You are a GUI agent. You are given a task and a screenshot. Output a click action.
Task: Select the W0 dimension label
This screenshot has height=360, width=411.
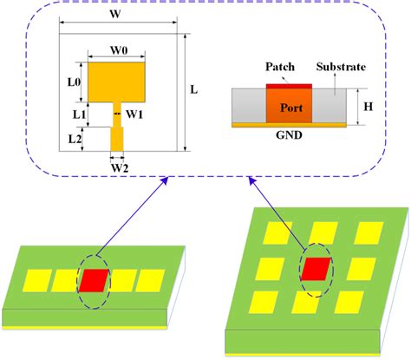tap(120, 50)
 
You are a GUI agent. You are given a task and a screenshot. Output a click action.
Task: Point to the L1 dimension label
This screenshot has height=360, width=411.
tap(79, 114)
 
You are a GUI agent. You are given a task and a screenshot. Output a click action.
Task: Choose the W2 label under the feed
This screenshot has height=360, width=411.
tap(119, 167)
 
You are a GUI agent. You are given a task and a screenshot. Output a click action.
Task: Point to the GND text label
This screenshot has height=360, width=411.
tap(289, 137)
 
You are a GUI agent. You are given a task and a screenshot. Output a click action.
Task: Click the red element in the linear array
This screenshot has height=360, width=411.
tap(95, 279)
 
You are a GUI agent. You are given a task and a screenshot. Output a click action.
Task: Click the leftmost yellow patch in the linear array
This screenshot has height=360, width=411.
tap(37, 280)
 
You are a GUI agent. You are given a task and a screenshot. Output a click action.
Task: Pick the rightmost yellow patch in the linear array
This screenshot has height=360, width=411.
tap(151, 279)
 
